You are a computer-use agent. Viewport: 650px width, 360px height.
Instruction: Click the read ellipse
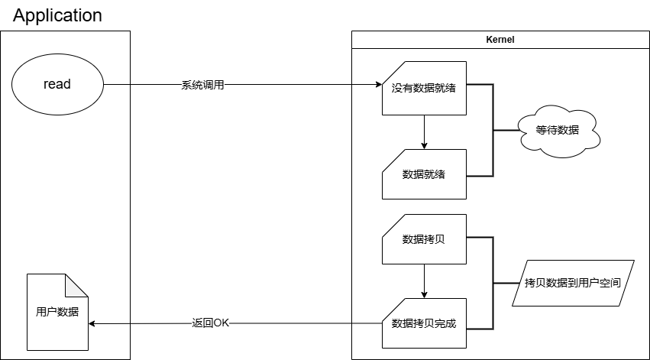coord(57,84)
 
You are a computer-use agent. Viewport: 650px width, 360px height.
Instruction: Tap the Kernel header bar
coord(500,41)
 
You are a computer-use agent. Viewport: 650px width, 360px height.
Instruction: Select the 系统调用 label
coord(202,86)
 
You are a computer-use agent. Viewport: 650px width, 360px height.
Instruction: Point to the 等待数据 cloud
coord(558,132)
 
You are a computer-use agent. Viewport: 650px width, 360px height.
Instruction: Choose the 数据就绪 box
coord(424,174)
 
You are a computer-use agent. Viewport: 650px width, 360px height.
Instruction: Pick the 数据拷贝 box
coord(424,239)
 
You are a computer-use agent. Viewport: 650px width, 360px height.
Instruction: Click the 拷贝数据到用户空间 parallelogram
coord(572,284)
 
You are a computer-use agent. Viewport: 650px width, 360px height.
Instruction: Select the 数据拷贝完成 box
coord(424,323)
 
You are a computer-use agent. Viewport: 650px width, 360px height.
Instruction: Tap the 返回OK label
coord(210,323)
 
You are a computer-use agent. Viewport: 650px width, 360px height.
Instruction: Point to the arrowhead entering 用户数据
coord(92,323)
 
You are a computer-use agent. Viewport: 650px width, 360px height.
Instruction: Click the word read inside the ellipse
coord(57,84)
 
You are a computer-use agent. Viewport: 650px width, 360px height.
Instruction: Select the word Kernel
coord(500,41)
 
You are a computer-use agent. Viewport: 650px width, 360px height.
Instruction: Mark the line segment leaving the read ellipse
coord(116,84)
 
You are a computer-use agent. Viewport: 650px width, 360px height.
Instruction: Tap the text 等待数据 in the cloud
coord(558,130)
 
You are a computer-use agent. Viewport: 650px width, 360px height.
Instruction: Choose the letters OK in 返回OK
coord(221,323)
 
